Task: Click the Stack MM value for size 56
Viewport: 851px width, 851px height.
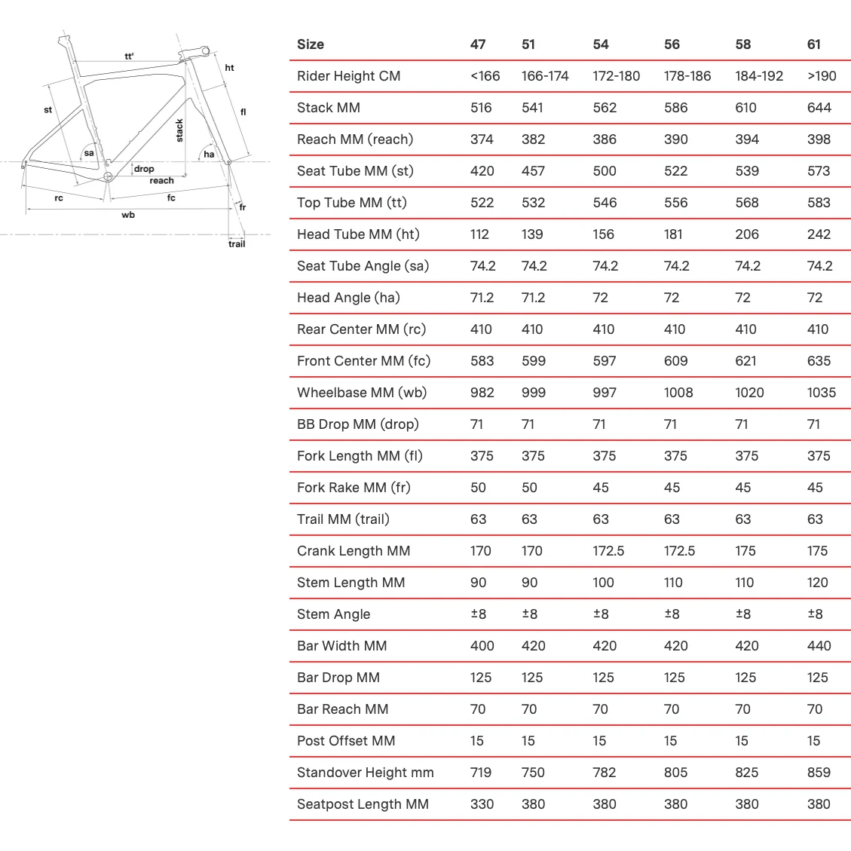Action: click(x=675, y=108)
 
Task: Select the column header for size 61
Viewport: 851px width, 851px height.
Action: click(x=813, y=44)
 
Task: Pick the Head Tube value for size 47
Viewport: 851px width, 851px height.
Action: click(x=479, y=234)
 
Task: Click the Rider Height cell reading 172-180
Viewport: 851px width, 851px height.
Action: click(x=616, y=76)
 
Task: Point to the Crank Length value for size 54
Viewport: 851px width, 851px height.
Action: click(x=608, y=551)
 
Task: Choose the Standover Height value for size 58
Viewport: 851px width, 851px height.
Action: click(x=745, y=773)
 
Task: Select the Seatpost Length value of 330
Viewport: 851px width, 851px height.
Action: click(x=482, y=804)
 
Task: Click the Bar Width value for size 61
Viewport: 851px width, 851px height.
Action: click(x=819, y=646)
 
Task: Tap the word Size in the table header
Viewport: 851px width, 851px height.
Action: click(x=310, y=44)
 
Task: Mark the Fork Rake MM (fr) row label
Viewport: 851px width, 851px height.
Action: click(x=354, y=488)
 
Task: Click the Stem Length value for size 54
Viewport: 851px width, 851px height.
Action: click(x=603, y=583)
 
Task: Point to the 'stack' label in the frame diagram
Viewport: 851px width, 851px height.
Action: click(x=179, y=130)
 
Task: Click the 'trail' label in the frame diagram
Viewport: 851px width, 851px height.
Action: click(x=237, y=243)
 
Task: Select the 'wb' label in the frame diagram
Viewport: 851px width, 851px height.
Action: click(x=128, y=215)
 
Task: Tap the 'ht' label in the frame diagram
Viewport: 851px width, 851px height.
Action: click(x=229, y=68)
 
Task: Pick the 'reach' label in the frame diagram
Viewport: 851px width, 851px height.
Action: click(x=161, y=181)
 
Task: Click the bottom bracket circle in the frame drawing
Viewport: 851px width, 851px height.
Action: click(x=107, y=178)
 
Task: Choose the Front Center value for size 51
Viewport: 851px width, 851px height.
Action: click(x=533, y=361)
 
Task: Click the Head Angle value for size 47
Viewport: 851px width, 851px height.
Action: click(x=482, y=298)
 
